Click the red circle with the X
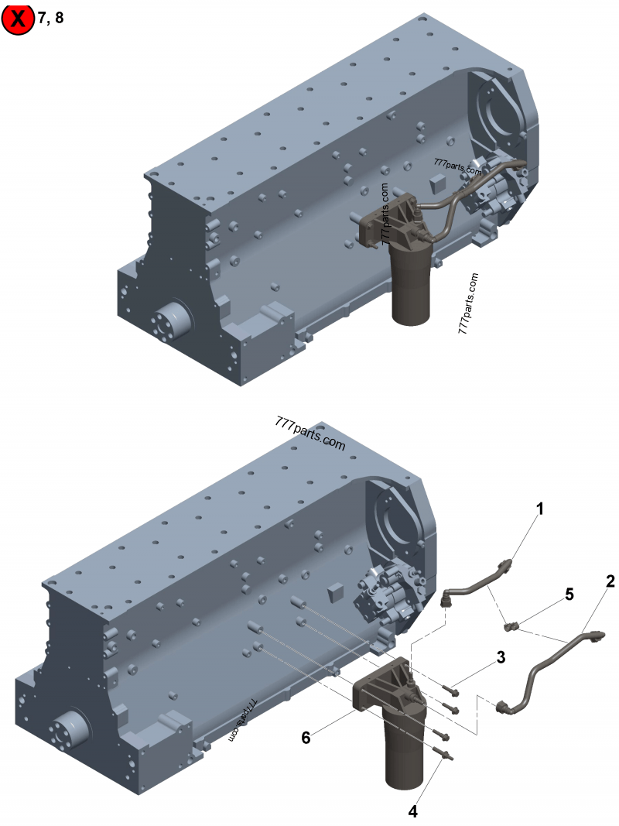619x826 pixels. [17, 19]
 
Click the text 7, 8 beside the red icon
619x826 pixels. [50, 18]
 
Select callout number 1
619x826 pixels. [539, 509]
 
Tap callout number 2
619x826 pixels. [610, 581]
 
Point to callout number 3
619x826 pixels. [501, 657]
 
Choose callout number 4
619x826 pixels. [413, 811]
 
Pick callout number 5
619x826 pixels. [569, 595]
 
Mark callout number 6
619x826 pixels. [306, 738]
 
